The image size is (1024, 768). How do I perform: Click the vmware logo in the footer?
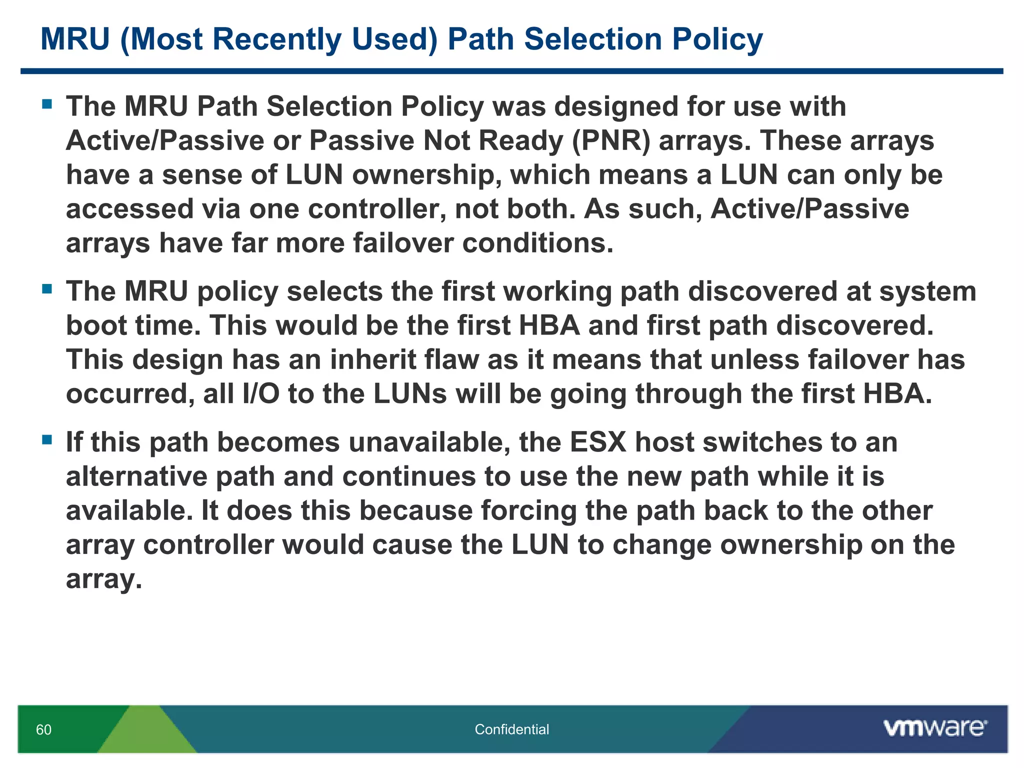point(935,728)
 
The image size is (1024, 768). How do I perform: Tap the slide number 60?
point(43,729)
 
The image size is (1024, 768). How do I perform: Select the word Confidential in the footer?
point(511,729)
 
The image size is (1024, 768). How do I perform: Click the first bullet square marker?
point(47,104)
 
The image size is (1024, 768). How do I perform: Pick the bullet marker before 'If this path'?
point(47,440)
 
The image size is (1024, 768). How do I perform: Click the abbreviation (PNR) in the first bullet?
point(611,140)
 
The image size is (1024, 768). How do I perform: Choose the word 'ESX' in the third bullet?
point(598,442)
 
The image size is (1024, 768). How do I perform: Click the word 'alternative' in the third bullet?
point(136,476)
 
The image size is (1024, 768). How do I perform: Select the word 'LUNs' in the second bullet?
point(410,394)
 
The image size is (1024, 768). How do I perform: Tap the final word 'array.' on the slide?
point(104,579)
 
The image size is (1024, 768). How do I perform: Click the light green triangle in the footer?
point(146,732)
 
